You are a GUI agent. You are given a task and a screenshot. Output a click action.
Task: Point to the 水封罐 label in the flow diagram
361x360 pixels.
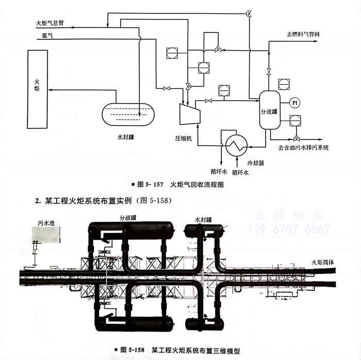126,138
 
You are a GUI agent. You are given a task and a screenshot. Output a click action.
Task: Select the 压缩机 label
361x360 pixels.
182,139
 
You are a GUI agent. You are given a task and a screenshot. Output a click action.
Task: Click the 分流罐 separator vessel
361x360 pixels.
269,109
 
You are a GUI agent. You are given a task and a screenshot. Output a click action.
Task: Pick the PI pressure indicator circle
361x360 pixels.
295,103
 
